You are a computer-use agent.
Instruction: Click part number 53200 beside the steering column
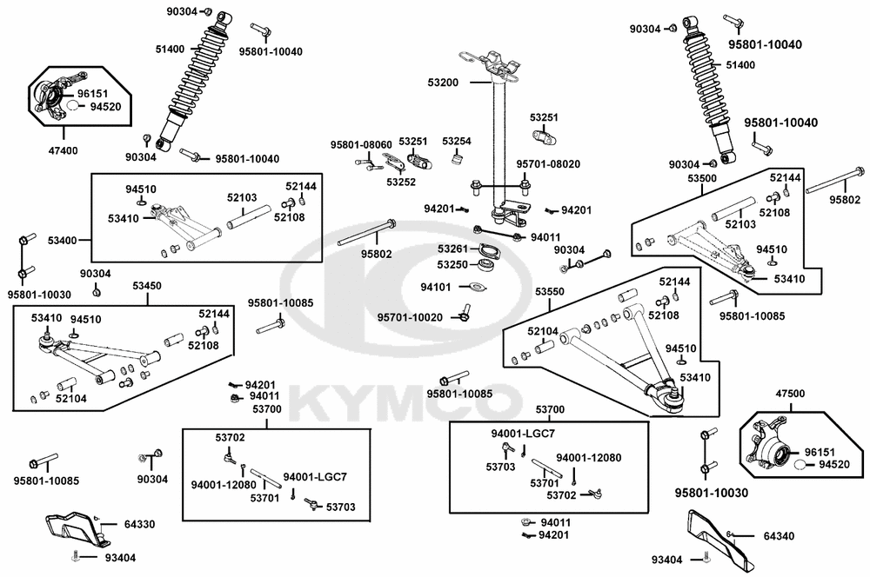point(443,83)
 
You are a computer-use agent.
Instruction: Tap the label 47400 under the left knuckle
point(63,150)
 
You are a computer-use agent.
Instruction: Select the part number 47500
point(790,394)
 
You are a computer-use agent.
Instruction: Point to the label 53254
point(457,142)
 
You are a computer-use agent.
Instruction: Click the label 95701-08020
point(548,164)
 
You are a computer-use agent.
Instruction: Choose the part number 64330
point(139,524)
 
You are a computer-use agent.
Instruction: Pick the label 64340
point(779,536)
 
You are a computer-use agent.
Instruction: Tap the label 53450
point(147,286)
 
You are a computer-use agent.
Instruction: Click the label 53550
point(550,292)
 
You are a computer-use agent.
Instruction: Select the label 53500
point(702,178)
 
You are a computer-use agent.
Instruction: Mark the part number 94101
point(436,287)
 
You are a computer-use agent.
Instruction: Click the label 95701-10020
point(410,317)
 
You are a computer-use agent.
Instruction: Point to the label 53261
point(452,249)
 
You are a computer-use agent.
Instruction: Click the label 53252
point(401,182)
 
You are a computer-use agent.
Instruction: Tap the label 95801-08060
point(361,144)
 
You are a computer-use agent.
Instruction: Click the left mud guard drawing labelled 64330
point(75,529)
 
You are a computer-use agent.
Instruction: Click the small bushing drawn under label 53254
point(458,160)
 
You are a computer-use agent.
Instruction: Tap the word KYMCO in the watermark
point(405,401)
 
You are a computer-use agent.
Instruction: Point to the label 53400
point(62,241)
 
